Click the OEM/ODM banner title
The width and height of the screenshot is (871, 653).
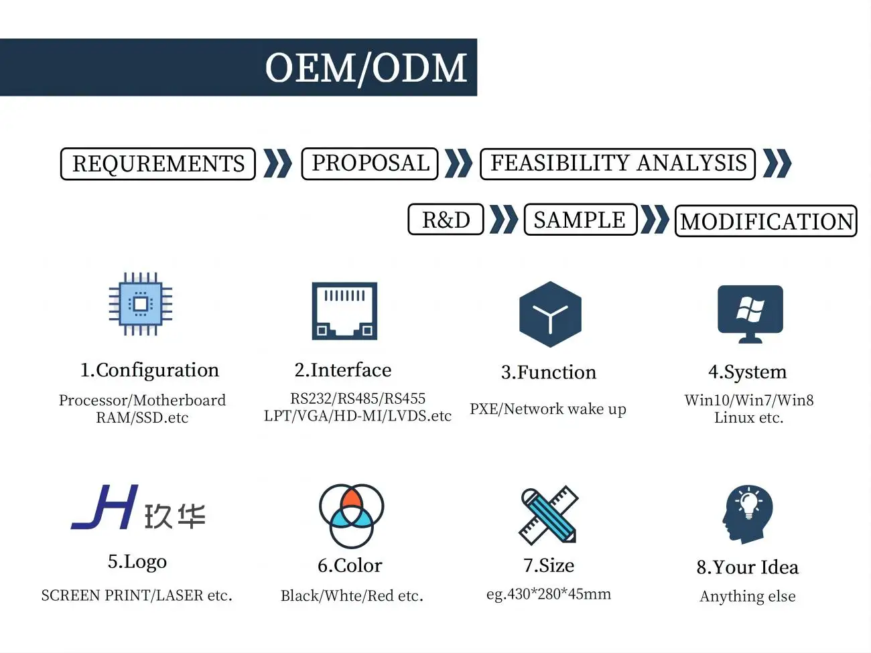(366, 68)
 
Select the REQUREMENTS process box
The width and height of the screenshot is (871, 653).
(158, 164)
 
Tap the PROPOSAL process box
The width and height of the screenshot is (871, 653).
(370, 163)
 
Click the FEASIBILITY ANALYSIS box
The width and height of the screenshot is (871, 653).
(618, 163)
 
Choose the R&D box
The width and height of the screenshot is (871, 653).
(446, 220)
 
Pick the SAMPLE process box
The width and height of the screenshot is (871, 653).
(580, 220)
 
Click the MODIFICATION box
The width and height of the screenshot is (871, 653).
(766, 221)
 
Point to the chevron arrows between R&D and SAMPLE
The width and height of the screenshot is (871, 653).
(504, 220)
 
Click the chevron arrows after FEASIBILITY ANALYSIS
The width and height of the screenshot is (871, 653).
(777, 163)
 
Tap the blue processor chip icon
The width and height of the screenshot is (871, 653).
(141, 304)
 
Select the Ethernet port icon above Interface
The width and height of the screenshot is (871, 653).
(344, 311)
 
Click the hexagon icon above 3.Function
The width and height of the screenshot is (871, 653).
(550, 315)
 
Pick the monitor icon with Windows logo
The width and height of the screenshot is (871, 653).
(750, 313)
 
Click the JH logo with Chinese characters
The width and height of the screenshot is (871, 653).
(138, 508)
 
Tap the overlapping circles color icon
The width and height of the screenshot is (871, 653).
(351, 516)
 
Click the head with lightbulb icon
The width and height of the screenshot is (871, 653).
(747, 514)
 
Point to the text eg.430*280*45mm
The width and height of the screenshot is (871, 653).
(549, 594)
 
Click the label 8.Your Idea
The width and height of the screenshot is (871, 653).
(747, 567)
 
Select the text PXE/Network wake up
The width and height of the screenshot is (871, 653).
(548, 409)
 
